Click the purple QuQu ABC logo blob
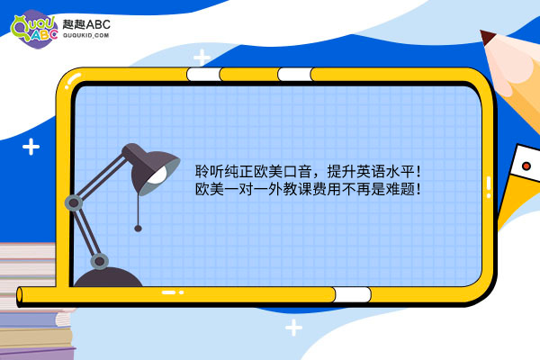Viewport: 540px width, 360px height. pyautogui.click(x=34, y=30)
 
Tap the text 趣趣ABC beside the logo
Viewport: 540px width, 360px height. pyautogui.click(x=86, y=24)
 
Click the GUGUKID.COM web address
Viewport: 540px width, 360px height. pyautogui.click(x=86, y=35)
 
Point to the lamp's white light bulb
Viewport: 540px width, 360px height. pyautogui.click(x=157, y=175)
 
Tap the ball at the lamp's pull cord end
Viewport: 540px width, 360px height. pyautogui.click(x=138, y=228)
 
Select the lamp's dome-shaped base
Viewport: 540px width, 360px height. pyautogui.click(x=108, y=276)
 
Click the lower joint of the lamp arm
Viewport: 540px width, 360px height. pyautogui.click(x=100, y=261)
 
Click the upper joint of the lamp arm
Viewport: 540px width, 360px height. pyautogui.click(x=74, y=202)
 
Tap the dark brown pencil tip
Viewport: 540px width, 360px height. pyautogui.click(x=487, y=37)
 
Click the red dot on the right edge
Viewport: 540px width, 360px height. pyautogui.click(x=526, y=166)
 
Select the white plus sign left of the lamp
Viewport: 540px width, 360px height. pyautogui.click(x=31, y=147)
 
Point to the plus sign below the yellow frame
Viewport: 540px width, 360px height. pyautogui.click(x=293, y=328)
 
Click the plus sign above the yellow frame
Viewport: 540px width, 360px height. pyautogui.click(x=202, y=58)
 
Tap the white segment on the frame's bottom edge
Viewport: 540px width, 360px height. pyautogui.click(x=352, y=295)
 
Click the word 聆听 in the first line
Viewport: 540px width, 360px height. pyautogui.click(x=210, y=171)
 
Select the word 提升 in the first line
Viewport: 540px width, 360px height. pyautogui.click(x=341, y=171)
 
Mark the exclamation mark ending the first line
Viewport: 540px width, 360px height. pyautogui.click(x=418, y=171)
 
